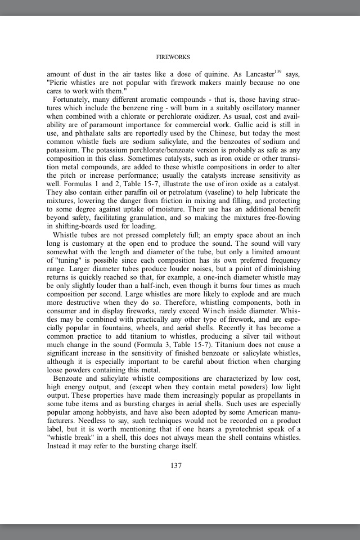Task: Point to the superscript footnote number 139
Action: (x=278, y=71)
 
